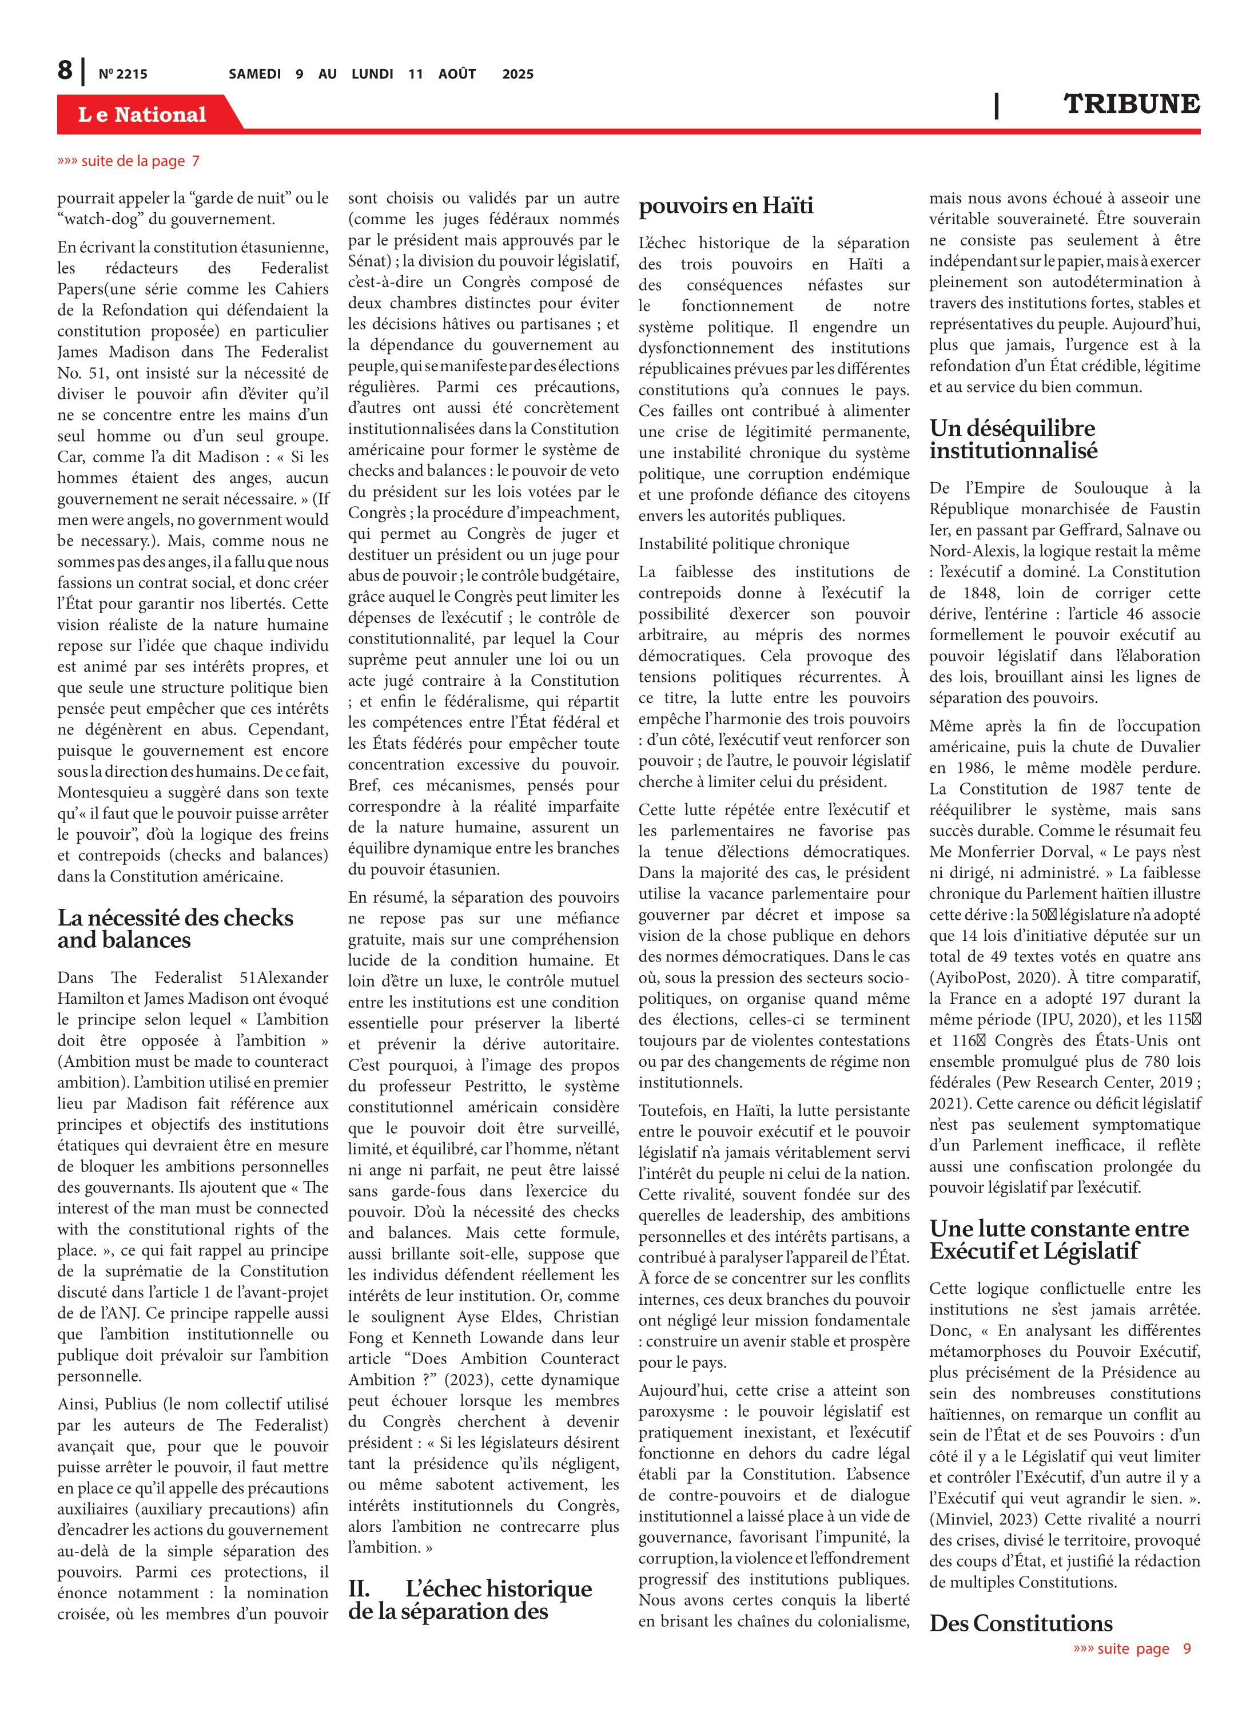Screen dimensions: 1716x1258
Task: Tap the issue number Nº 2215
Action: click(x=122, y=74)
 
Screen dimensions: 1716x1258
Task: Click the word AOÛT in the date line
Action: click(x=457, y=74)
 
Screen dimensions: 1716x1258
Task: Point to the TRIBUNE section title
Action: click(x=1131, y=104)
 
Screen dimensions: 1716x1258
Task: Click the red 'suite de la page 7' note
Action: click(x=128, y=161)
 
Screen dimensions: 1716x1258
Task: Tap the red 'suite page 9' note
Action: click(x=1132, y=1648)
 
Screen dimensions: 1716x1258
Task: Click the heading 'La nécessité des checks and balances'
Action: click(x=175, y=928)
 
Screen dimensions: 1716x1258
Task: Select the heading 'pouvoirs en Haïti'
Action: click(x=726, y=206)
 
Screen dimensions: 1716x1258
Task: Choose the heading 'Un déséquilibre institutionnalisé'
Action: click(x=1013, y=439)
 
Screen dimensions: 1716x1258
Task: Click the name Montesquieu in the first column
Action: click(x=109, y=792)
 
